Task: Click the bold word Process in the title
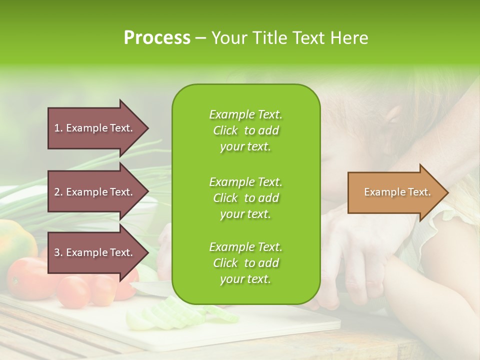click(x=157, y=38)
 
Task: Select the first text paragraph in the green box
click(x=245, y=130)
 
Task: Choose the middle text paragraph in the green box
click(x=245, y=198)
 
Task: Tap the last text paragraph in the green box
click(x=245, y=263)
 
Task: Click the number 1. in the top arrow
click(x=58, y=128)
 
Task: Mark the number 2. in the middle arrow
click(x=58, y=192)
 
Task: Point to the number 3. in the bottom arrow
click(x=58, y=252)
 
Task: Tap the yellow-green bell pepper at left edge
click(x=15, y=240)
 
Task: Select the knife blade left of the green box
click(x=150, y=287)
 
